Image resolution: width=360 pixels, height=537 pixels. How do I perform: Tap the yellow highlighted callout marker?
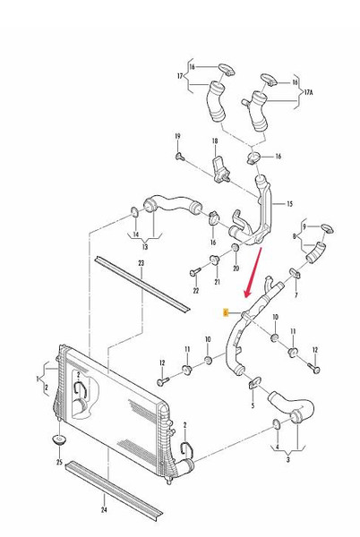tap(227, 312)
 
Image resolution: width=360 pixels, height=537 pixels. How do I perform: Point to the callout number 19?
tap(177, 136)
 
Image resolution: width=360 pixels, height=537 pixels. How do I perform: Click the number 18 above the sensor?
tap(215, 142)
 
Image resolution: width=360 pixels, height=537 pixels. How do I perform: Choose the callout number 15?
tap(289, 204)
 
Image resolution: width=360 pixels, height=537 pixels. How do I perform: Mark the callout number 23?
tap(141, 262)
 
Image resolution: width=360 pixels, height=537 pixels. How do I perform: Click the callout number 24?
tap(103, 510)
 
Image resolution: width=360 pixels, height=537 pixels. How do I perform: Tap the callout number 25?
tap(59, 463)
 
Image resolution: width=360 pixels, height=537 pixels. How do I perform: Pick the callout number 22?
tap(195, 291)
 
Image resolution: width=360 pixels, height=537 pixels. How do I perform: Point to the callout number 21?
tap(216, 282)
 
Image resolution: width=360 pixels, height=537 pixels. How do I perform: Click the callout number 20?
tap(236, 268)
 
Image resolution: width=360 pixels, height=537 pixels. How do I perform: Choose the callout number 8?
tap(295, 236)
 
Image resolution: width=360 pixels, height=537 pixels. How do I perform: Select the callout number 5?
tap(253, 405)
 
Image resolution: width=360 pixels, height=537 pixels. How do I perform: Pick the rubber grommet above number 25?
tap(59, 442)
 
